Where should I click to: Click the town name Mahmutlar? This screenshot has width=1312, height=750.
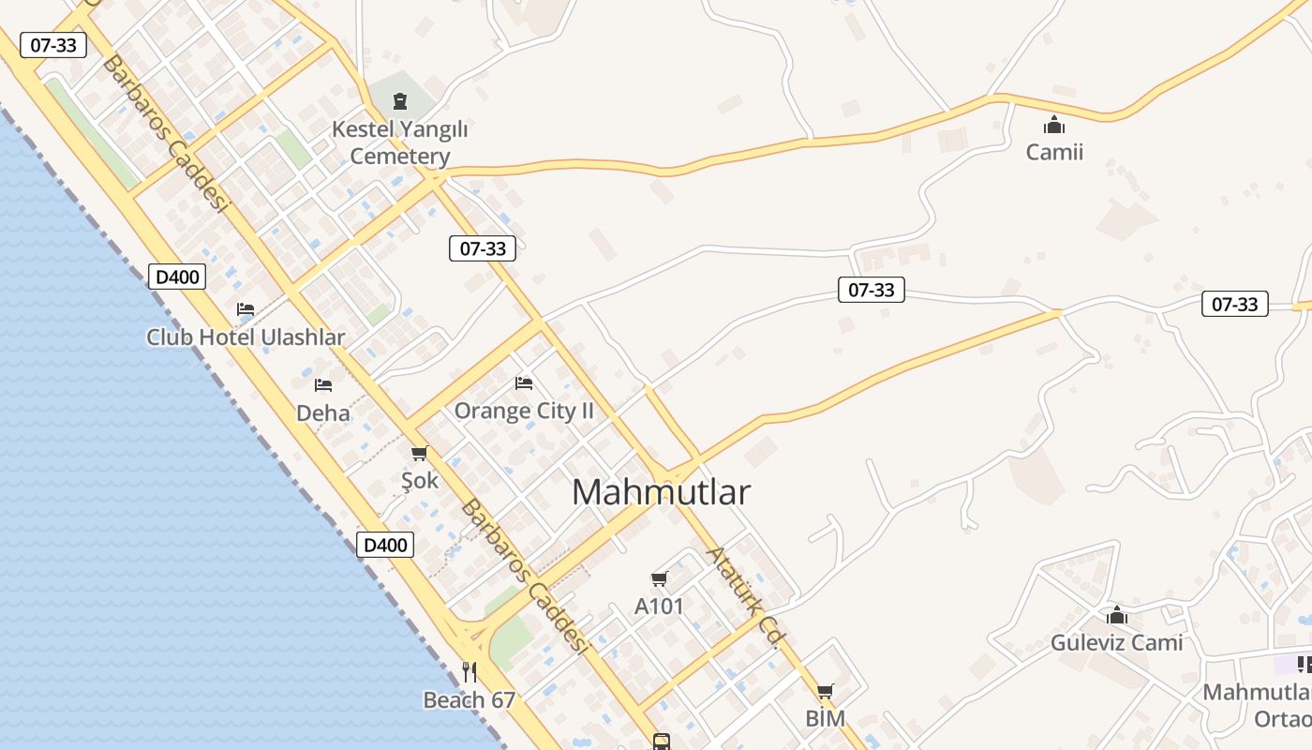coord(661,492)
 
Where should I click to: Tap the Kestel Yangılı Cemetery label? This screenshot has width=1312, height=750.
coord(400,142)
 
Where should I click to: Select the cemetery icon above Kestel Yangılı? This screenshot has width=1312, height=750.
coord(400,100)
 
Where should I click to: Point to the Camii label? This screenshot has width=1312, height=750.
coord(1054,152)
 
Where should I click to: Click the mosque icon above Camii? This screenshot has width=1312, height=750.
coord(1054,125)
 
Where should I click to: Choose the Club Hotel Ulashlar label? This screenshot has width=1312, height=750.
coord(246,337)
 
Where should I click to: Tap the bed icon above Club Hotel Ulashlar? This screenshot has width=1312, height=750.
coord(246,308)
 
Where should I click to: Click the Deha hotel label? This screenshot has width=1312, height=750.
coord(323,412)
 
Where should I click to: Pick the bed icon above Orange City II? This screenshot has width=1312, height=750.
coord(524,382)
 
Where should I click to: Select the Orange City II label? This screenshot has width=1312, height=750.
coord(524,411)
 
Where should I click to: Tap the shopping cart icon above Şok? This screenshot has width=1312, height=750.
coord(419,454)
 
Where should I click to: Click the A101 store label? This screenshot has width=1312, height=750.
coord(660,607)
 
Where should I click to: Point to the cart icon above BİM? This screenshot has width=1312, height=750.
coord(825,692)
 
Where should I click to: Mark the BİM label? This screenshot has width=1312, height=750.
coord(825,719)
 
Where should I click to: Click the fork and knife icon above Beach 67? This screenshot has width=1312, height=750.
coord(470,671)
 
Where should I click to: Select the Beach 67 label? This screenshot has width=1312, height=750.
coord(470,700)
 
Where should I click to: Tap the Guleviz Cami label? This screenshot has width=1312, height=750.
coord(1116,643)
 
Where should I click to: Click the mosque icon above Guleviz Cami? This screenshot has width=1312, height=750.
coord(1116,615)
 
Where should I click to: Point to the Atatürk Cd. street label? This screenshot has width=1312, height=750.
coord(744,598)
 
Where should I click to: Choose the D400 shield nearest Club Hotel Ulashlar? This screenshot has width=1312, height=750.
coord(177,277)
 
